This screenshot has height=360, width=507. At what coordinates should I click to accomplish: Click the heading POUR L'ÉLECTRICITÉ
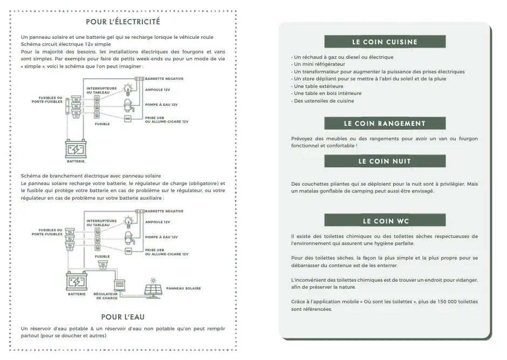[122, 22]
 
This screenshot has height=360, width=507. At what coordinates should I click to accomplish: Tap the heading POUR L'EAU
[123, 317]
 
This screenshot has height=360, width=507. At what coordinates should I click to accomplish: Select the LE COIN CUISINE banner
[385, 42]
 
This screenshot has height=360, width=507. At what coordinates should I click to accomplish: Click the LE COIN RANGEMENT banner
[385, 124]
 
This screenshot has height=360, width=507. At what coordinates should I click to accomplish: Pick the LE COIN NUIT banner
[385, 161]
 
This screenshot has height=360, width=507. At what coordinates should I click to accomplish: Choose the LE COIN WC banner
[385, 221]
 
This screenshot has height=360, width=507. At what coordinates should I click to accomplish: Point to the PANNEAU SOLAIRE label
[183, 289]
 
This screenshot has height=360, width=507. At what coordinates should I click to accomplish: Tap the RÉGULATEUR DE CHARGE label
[106, 296]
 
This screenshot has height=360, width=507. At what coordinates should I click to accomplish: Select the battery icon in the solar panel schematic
[76, 282]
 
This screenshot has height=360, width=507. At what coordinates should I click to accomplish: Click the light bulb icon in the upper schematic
[128, 88]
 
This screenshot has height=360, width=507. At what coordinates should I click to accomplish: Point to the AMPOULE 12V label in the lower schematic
[157, 222]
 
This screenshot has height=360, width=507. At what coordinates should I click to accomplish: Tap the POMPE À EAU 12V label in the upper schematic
[161, 104]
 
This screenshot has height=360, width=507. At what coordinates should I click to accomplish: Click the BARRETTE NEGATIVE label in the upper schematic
[164, 79]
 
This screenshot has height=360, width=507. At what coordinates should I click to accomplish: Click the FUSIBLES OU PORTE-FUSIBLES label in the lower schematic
[47, 232]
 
